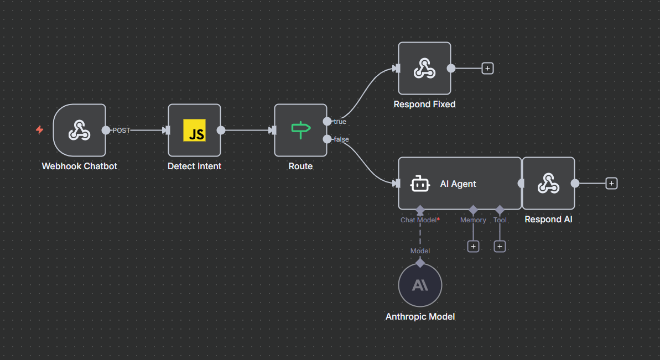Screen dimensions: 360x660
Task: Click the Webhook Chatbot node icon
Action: [79, 131]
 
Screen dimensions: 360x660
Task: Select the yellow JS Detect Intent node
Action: [194, 131]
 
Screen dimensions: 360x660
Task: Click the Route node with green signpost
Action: [300, 131]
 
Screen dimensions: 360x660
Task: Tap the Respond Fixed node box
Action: [424, 69]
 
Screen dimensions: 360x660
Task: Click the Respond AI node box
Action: [548, 184]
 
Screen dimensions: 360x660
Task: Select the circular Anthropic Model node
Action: [420, 285]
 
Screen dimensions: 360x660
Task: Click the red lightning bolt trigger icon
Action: [39, 130]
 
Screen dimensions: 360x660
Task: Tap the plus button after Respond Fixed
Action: [487, 69]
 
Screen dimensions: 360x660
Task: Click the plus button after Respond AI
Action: [611, 183]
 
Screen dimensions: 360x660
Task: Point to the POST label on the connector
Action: [121, 131]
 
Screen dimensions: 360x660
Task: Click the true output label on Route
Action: [340, 121]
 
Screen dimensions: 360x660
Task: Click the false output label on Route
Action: [341, 139]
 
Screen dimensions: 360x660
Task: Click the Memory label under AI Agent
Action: [473, 220]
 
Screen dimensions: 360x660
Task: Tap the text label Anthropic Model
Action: [420, 317]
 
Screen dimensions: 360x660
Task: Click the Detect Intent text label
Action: [194, 166]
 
